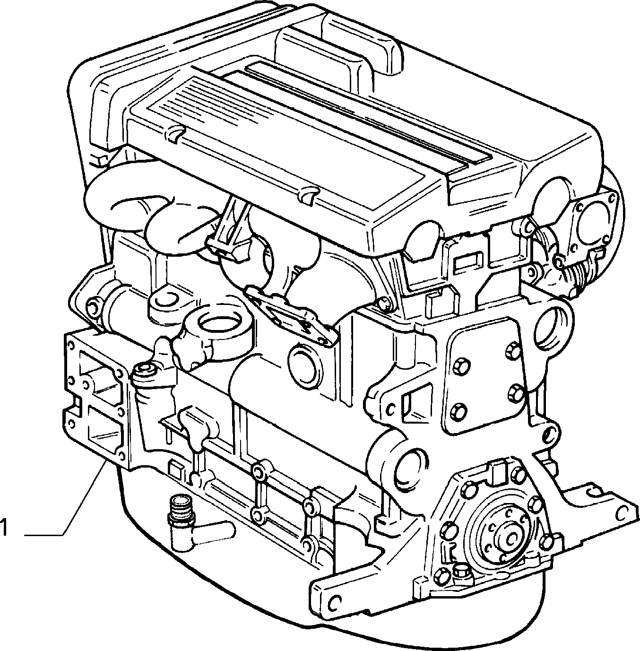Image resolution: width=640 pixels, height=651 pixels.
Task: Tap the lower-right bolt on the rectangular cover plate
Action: [516, 391]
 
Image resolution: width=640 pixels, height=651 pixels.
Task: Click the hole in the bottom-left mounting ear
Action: [334, 601]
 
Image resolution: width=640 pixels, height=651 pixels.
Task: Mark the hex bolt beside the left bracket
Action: [145, 371]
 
